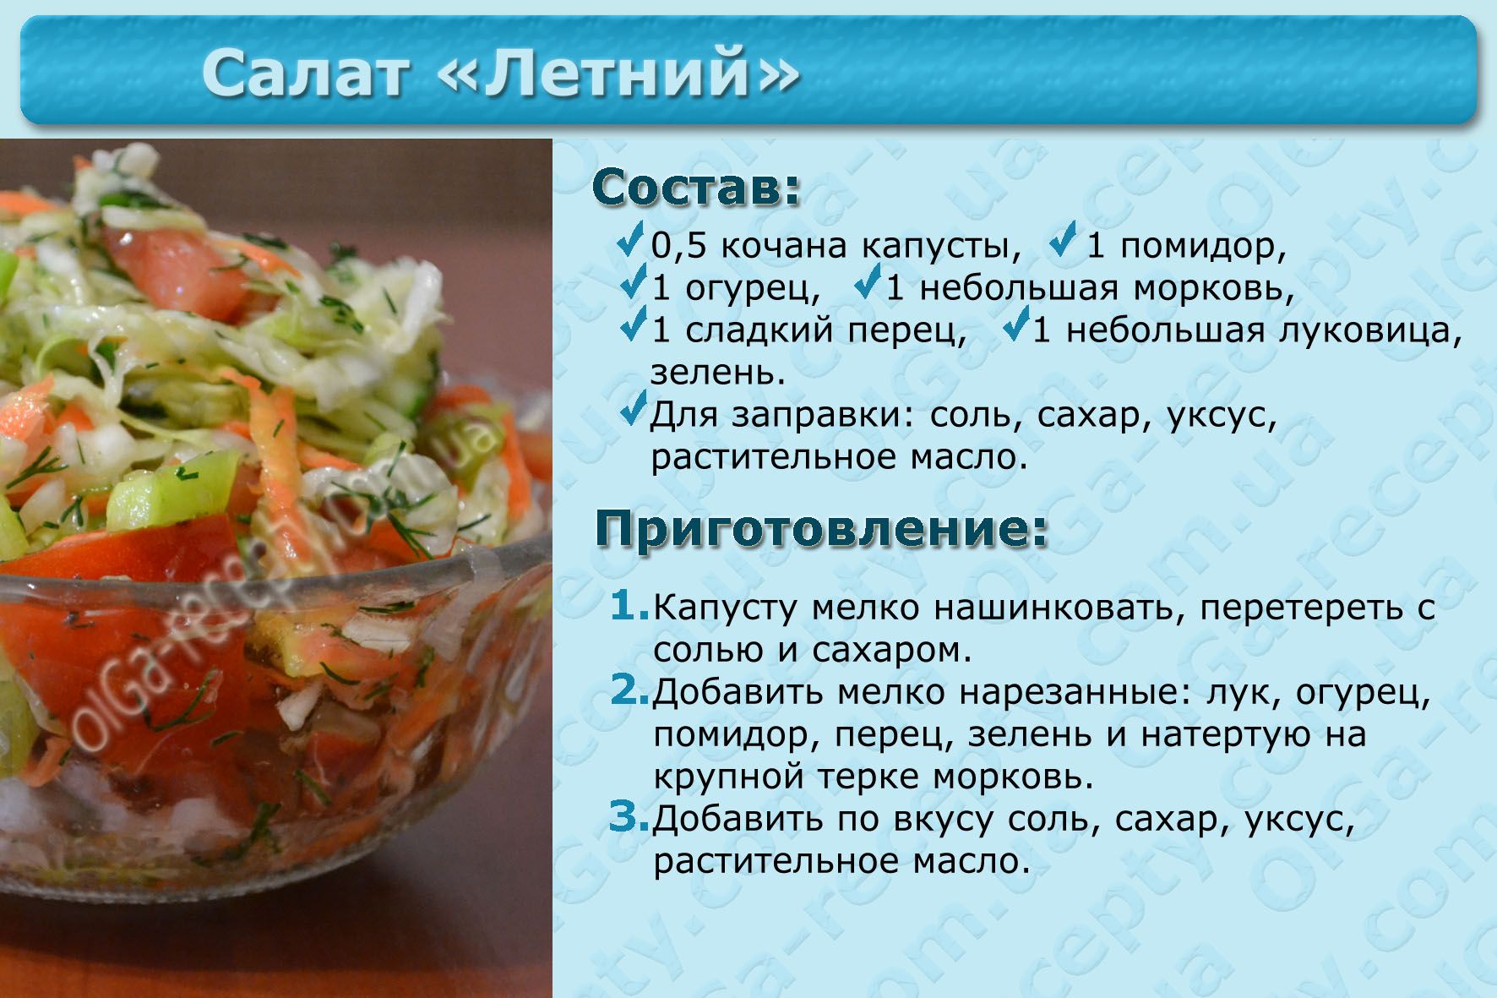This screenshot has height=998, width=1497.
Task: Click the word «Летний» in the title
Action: click(x=619, y=73)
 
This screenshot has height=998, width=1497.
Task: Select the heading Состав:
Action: click(x=697, y=188)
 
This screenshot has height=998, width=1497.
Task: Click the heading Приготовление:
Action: click(x=822, y=530)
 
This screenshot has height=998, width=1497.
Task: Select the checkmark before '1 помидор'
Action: click(x=1064, y=240)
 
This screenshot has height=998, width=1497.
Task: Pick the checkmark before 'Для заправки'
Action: click(x=633, y=408)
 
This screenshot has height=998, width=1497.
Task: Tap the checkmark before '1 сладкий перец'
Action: click(x=633, y=324)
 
